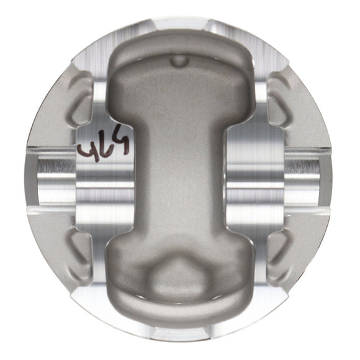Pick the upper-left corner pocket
(84, 99)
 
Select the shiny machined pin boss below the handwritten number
(106, 186)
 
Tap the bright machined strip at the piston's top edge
(180, 25)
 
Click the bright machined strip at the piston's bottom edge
(180, 332)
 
